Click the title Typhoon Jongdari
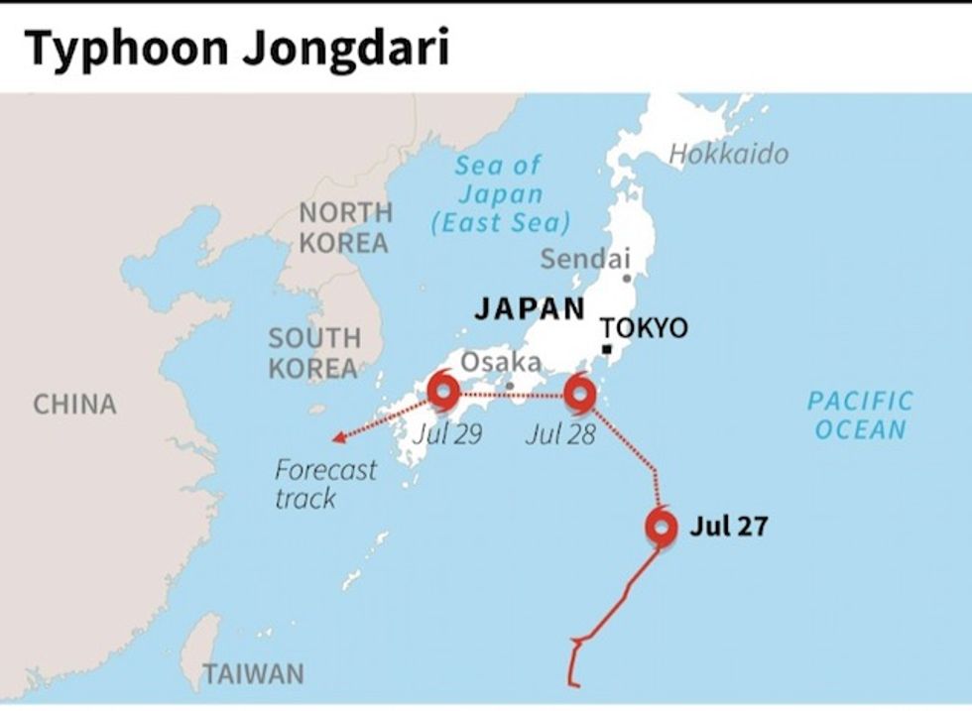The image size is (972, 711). click(236, 47)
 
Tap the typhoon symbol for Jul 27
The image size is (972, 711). click(662, 528)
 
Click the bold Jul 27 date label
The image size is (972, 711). click(728, 527)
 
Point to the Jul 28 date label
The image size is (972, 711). click(560, 433)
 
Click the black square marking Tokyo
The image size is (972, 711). click(607, 350)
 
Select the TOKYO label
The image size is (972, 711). click(644, 328)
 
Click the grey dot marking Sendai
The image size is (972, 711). click(627, 279)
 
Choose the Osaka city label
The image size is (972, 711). click(501, 362)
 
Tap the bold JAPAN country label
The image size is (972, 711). click(530, 308)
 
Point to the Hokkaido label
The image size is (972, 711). click(729, 154)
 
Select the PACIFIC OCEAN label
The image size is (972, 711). click(859, 415)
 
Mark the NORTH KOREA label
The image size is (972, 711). click(345, 227)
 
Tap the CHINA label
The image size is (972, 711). click(74, 404)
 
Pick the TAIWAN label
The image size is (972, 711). click(254, 674)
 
